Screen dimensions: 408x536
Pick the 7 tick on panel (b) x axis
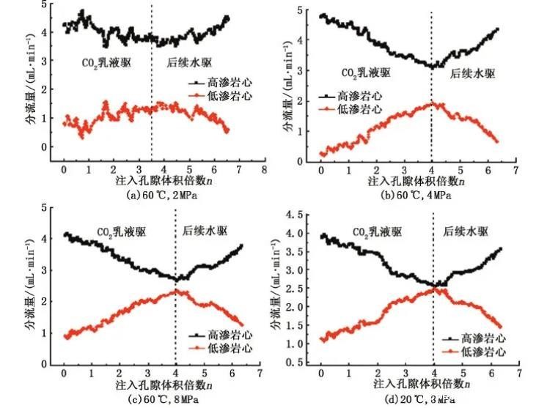tap(515, 169)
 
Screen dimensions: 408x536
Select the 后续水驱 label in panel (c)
tap(205, 231)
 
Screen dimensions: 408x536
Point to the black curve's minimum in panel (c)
tap(177, 279)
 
